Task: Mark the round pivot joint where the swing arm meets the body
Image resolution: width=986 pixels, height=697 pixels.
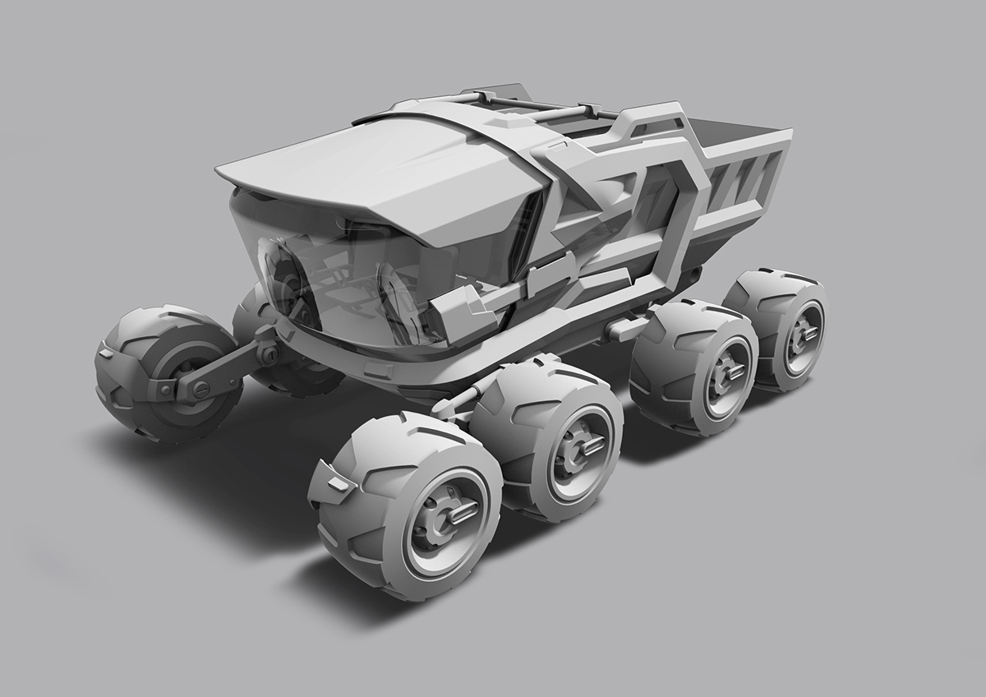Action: point(267,354)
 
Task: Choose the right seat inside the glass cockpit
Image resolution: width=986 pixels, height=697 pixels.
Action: point(394,296)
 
